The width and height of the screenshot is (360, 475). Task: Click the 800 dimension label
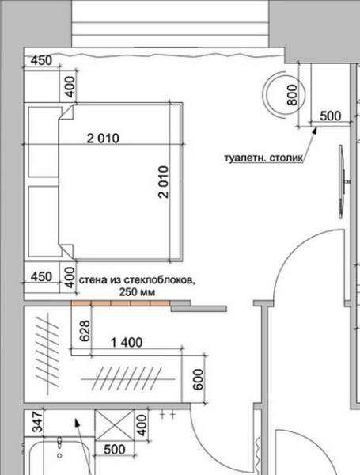coord(292,95)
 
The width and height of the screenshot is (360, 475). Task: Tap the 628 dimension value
coord(85,331)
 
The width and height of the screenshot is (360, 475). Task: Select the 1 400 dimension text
coord(127,343)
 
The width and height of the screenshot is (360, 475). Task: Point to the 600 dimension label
coord(198,379)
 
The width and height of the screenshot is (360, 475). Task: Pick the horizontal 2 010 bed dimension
coord(103,139)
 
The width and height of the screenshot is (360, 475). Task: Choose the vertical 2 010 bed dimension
coord(163,182)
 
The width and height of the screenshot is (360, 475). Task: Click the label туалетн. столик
coord(263,158)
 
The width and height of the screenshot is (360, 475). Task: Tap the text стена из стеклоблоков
coord(137,280)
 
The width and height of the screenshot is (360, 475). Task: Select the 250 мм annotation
coord(137,292)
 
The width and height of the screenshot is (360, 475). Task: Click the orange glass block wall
coord(120,303)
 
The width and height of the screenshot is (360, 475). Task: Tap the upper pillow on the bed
coord(44,142)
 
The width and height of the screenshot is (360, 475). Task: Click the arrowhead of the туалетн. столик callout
coord(315,129)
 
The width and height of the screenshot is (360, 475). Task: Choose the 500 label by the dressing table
coord(330,116)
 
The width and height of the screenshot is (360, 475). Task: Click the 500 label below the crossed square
coord(115,450)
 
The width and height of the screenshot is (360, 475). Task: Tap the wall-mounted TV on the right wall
coord(342,181)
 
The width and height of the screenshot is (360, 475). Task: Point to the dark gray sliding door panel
coord(199,309)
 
